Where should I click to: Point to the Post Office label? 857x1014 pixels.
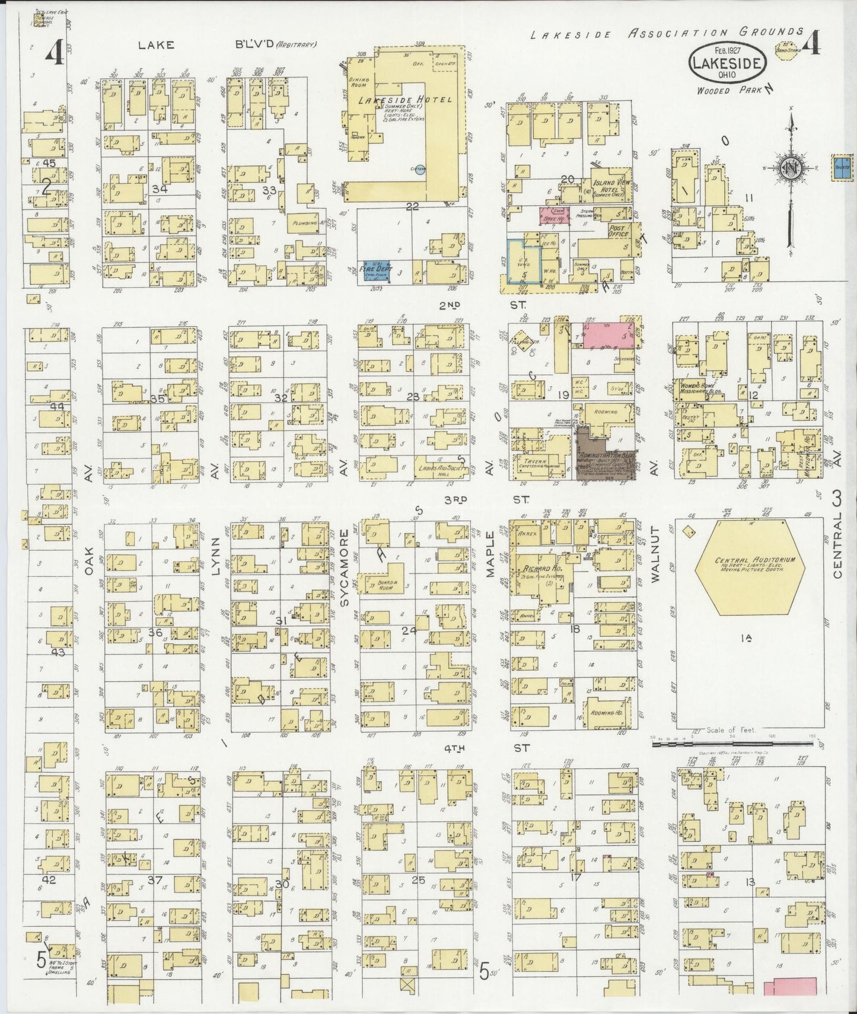coord(618,231)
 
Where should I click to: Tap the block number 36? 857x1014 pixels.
coord(155,632)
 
